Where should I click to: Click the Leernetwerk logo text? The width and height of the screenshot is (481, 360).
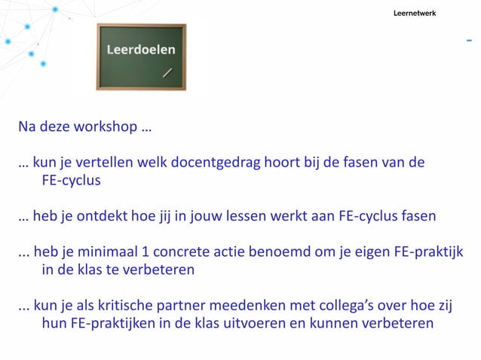(414, 14)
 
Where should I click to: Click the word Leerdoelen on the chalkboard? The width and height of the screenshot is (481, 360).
(141, 50)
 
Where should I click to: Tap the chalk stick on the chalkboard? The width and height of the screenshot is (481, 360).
(167, 73)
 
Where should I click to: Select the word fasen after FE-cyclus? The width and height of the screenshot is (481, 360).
(418, 216)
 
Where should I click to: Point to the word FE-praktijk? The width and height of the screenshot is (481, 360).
(428, 252)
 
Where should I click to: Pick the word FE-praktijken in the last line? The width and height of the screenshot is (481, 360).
(111, 324)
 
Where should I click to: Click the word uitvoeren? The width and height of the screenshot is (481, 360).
(265, 324)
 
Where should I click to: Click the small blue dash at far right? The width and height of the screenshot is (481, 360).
(469, 38)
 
